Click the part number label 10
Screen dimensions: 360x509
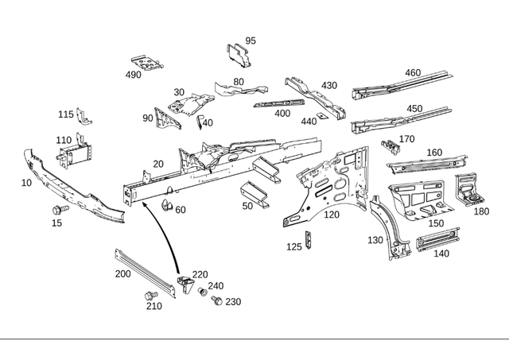27,182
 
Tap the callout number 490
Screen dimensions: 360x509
133,75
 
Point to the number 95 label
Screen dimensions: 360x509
251,41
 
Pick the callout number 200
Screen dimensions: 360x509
122,273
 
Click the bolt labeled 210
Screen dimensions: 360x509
148,296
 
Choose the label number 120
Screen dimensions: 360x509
331,215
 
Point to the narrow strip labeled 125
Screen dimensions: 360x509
309,240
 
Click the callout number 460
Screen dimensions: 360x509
412,73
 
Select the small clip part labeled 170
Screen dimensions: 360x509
390,145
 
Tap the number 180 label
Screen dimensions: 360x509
481,212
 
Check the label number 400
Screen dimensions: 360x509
282,113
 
